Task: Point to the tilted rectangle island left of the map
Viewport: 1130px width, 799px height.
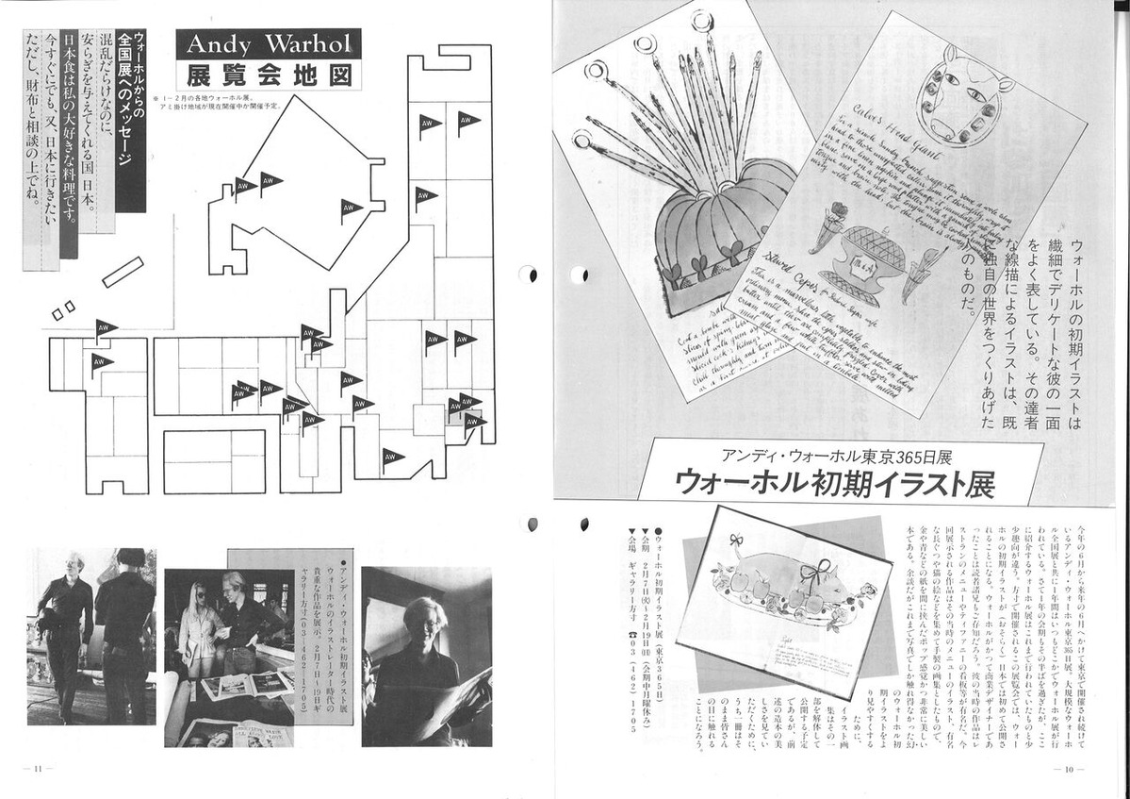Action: [123, 271]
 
